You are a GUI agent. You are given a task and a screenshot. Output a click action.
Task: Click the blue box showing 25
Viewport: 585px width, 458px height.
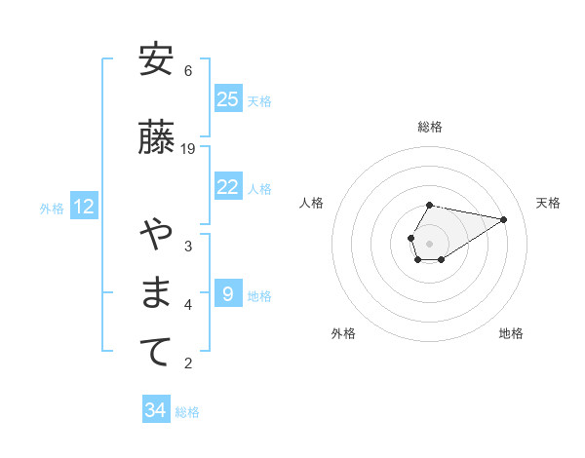click(228, 99)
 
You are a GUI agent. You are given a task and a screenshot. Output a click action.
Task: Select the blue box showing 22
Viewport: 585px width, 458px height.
click(228, 188)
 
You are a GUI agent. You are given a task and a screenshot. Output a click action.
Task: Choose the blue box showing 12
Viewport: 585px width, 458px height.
click(83, 207)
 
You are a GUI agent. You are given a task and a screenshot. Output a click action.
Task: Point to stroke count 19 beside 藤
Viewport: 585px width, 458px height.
click(188, 149)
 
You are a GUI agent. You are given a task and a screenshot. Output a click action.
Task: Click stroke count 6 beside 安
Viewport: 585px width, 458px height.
click(188, 71)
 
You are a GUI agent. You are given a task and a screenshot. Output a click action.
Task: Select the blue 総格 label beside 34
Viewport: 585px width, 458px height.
click(187, 412)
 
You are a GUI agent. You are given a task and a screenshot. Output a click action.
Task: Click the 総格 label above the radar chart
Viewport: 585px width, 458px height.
click(430, 127)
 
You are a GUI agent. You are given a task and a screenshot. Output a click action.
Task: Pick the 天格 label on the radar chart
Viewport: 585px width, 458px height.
click(548, 203)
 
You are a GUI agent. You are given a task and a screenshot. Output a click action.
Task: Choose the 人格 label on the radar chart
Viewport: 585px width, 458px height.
click(312, 203)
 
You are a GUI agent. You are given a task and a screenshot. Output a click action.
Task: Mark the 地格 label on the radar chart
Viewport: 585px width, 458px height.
click(511, 333)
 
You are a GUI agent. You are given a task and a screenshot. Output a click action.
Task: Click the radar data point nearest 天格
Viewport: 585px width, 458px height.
click(504, 218)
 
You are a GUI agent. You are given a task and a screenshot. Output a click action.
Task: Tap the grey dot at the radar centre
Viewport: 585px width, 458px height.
click(430, 243)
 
